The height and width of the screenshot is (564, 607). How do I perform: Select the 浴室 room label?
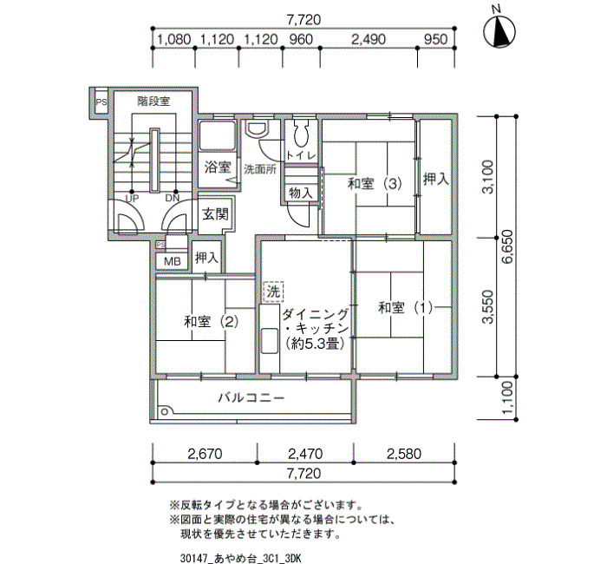coord(218,167)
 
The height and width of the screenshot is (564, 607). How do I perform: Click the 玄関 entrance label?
coord(216,213)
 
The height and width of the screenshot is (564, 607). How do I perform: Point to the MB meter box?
coord(173,261)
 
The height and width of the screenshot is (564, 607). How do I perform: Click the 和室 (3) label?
coord(375,184)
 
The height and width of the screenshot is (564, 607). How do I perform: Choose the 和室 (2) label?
coord(211,321)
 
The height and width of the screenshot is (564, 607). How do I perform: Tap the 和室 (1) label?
coord(405,308)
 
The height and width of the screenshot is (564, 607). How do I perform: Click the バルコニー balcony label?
coord(251,397)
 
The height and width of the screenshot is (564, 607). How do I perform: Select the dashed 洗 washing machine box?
coord(273,292)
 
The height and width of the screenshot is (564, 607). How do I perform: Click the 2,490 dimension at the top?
coord(369,39)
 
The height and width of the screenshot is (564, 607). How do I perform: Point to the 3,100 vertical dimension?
coord(488,177)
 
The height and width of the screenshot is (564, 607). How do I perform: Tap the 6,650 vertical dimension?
coord(507,246)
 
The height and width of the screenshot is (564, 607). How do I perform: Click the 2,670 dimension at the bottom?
coord(205,454)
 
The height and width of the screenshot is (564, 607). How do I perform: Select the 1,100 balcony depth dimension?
coord(507,397)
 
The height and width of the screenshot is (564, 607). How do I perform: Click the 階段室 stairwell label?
coord(153,102)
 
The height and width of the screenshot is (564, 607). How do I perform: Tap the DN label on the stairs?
coord(173,199)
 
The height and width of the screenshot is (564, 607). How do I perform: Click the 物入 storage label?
coord(300,193)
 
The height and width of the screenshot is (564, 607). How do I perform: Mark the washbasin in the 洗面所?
coord(257,129)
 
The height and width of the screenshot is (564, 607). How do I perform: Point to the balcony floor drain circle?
coord(166,411)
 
